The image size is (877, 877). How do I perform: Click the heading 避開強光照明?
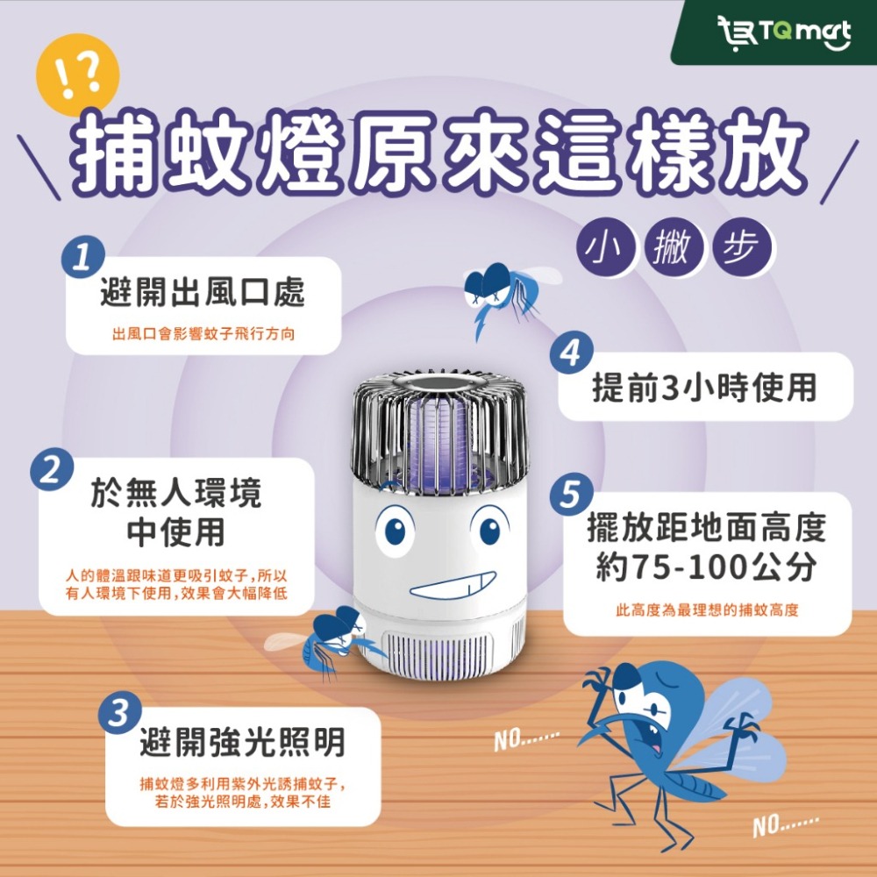243,744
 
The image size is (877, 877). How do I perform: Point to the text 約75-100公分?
706,569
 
